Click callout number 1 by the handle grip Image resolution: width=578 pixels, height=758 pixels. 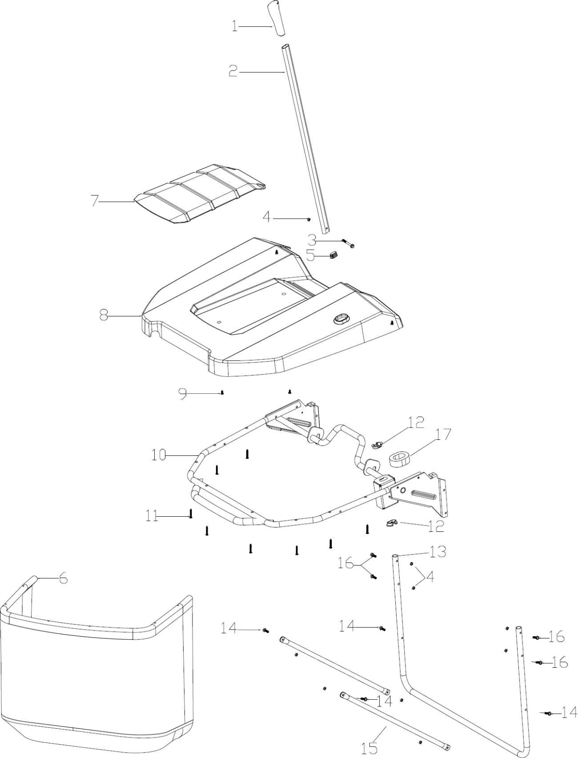(234, 26)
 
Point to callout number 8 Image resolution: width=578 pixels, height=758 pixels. (104, 316)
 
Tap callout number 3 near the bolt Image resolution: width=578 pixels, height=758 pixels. (312, 240)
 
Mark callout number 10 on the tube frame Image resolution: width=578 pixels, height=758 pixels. (159, 455)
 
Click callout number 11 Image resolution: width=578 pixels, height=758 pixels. (152, 516)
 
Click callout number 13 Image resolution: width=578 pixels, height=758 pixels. (438, 552)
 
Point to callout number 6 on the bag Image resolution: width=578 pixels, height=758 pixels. (64, 579)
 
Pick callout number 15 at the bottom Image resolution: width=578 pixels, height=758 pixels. (369, 747)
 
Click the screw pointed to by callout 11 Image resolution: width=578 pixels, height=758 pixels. (191, 514)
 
